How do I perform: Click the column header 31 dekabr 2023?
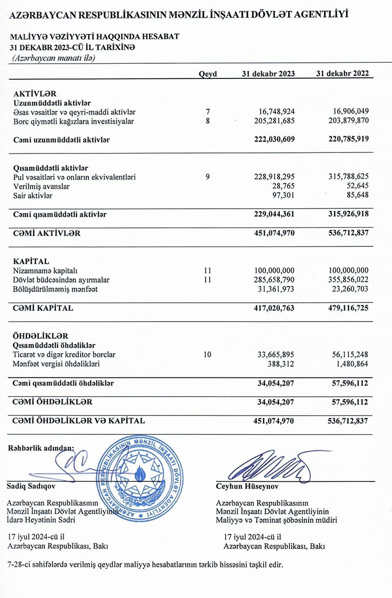[268, 74]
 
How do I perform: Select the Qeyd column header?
[208, 74]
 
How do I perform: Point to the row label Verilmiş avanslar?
[42, 187]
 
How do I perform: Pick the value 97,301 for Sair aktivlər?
[281, 196]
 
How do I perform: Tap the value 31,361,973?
[275, 289]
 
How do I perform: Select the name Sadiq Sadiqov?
[32, 487]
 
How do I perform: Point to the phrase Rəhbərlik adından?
[41, 447]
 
